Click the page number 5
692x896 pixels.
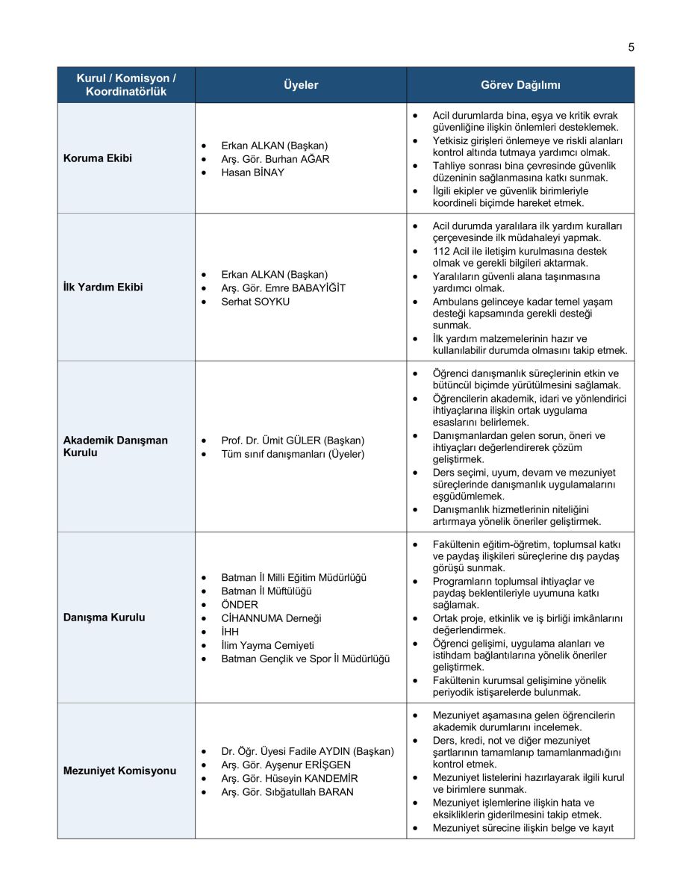[x=631, y=47]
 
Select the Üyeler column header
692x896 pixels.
[x=301, y=85]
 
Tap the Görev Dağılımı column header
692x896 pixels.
[x=520, y=85]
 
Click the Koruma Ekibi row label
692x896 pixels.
[x=98, y=158]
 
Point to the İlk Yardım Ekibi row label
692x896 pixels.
[x=103, y=287]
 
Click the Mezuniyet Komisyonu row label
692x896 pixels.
[x=119, y=771]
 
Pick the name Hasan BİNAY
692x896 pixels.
[x=252, y=172]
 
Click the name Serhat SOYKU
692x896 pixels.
[x=255, y=302]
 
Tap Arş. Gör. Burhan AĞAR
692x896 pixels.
[x=275, y=159]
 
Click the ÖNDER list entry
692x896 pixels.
[x=240, y=605]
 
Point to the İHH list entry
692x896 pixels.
[x=230, y=632]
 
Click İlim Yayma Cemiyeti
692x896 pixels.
[x=267, y=645]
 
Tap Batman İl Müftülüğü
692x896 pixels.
[x=266, y=591]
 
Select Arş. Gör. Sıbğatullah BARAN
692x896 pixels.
[x=287, y=791]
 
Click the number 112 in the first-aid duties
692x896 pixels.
[x=441, y=251]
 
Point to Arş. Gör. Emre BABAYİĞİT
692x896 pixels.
[x=283, y=288]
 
